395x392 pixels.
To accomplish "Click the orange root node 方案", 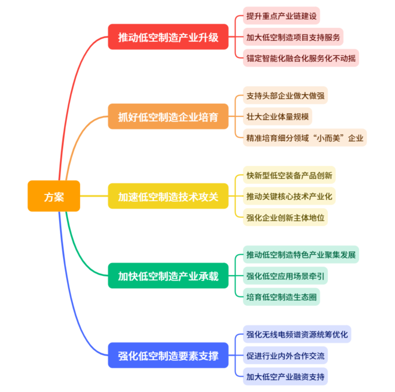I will click(x=54, y=196).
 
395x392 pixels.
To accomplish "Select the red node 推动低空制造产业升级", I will click(x=168, y=37).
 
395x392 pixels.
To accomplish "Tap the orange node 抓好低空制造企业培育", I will click(x=168, y=117).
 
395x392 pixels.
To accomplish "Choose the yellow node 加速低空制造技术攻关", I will click(x=168, y=196).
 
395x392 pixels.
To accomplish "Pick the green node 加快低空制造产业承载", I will click(x=168, y=276).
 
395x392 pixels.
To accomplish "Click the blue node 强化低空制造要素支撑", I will click(x=168, y=355).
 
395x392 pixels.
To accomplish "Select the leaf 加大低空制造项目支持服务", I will click(x=293, y=37).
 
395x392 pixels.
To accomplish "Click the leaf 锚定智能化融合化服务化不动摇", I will click(x=301, y=58).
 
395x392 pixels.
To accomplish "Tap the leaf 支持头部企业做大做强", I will click(x=285, y=95).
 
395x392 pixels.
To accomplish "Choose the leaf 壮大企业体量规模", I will click(x=278, y=117).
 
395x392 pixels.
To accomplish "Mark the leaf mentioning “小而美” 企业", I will click(x=305, y=138).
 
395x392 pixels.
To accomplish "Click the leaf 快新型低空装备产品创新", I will click(x=289, y=175).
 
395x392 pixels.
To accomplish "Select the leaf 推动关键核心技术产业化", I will click(x=289, y=196).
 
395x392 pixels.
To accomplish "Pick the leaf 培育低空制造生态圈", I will click(x=282, y=297).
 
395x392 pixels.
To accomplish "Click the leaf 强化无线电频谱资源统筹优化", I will click(x=297, y=334).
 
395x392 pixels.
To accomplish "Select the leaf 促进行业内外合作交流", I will click(x=285, y=355).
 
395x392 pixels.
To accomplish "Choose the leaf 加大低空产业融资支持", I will click(x=285, y=377).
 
